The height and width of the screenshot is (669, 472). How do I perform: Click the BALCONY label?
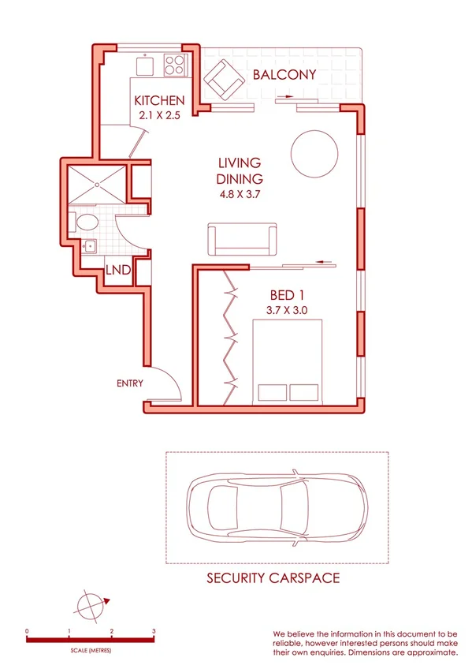point(284,76)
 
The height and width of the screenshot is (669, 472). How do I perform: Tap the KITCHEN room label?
point(160,101)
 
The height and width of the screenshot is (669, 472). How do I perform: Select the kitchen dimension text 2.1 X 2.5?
point(160,115)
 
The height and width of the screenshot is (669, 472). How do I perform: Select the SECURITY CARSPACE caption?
point(273,578)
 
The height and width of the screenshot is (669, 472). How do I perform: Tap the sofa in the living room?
point(243,238)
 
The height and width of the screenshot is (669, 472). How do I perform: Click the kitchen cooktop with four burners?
point(175,65)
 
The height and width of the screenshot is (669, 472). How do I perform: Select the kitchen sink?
point(147,65)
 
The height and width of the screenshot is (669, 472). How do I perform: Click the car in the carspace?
point(275,508)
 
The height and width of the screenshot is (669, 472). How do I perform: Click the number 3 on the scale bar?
point(154,632)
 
